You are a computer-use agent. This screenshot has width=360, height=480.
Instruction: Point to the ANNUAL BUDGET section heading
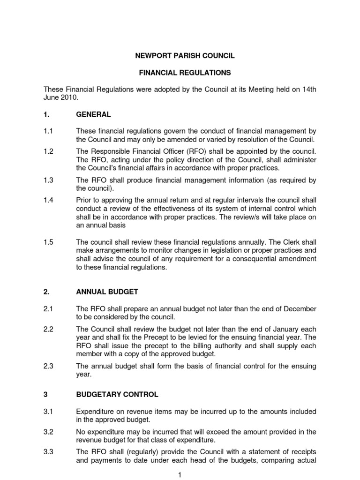[107, 292]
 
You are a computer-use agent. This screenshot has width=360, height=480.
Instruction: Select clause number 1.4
[48, 199]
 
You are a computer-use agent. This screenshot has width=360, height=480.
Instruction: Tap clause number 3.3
[48, 451]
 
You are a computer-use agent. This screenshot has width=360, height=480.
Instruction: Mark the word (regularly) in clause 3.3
[133, 451]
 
